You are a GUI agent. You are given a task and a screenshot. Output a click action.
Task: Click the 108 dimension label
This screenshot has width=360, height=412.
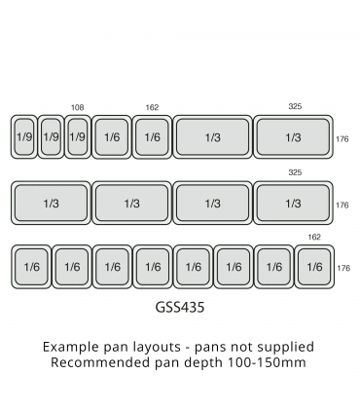click(x=78, y=107)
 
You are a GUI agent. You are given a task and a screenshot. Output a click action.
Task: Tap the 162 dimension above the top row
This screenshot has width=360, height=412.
click(x=152, y=107)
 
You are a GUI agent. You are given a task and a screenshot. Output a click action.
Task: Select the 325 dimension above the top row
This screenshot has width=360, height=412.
click(x=294, y=107)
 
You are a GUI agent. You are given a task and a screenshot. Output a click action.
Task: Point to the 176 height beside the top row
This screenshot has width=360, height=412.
click(x=342, y=139)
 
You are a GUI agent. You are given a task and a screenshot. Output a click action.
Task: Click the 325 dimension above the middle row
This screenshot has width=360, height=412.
click(x=294, y=173)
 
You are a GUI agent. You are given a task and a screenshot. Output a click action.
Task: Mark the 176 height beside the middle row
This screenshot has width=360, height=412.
click(x=342, y=205)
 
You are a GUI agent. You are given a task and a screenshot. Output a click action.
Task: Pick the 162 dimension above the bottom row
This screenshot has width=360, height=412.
click(x=313, y=237)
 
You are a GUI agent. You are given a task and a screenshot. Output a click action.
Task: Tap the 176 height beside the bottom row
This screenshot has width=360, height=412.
click(x=342, y=268)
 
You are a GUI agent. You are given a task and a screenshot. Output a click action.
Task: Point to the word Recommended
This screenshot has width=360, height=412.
click(x=105, y=362)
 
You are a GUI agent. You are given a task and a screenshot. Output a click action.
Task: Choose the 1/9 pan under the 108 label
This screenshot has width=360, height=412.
click(x=78, y=137)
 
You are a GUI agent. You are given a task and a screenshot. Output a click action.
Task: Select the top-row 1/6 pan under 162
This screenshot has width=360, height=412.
click(x=152, y=137)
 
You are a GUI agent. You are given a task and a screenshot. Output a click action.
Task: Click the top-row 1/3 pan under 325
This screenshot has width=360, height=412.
click(x=293, y=137)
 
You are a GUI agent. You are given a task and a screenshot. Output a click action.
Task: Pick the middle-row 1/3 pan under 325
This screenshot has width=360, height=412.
click(x=293, y=203)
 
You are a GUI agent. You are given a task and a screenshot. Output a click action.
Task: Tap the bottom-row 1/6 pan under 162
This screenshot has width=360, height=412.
click(x=314, y=266)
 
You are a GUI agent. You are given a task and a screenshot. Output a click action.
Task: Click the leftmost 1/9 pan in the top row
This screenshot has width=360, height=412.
click(x=24, y=137)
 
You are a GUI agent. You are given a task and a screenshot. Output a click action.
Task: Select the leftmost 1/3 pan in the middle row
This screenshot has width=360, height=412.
click(x=51, y=203)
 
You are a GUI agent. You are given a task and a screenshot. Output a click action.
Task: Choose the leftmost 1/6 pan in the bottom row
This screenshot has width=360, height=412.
click(x=30, y=266)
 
